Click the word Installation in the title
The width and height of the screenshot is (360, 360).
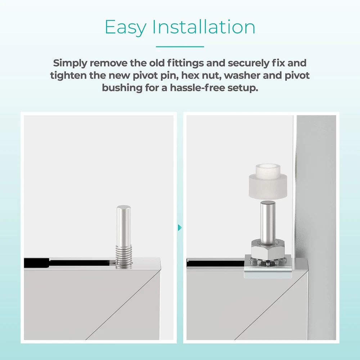(x=204, y=27)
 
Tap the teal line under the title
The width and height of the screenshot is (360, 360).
(x=180, y=46)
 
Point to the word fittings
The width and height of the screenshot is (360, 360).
(x=185, y=63)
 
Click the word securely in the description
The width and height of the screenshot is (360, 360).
(x=248, y=63)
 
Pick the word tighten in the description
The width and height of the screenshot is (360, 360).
(x=68, y=76)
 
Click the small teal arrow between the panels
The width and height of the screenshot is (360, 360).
(x=180, y=228)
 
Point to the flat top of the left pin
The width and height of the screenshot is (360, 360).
(x=123, y=207)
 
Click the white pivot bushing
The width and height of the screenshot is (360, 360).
(x=268, y=181)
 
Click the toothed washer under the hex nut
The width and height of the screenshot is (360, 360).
(x=267, y=261)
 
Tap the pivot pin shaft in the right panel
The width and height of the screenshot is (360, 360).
(x=268, y=220)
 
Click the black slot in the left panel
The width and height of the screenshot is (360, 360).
(x=69, y=263)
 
